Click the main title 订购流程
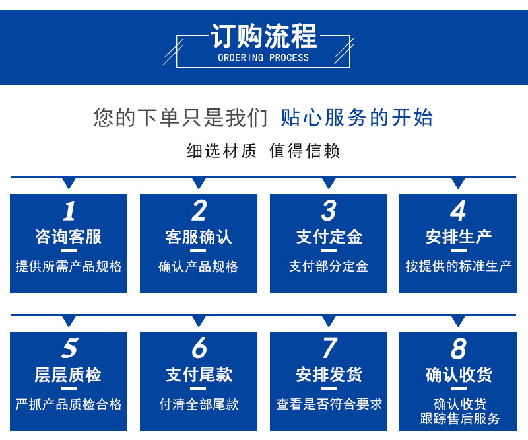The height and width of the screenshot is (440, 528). (x=263, y=36)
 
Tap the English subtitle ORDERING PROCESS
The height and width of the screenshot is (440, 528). (x=263, y=58)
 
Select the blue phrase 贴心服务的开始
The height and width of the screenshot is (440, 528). (x=356, y=118)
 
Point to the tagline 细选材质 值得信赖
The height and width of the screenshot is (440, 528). (x=263, y=151)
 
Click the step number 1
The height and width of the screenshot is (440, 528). (x=69, y=211)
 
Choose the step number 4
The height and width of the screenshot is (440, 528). (x=458, y=211)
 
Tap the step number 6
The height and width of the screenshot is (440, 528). (x=199, y=348)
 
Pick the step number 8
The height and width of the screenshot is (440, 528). (x=459, y=348)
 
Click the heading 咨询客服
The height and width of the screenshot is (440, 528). (x=69, y=237)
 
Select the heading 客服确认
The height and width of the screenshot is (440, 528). (x=199, y=237)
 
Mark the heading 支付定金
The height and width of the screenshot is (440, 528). (x=329, y=237)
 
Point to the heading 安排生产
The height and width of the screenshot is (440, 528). (x=458, y=237)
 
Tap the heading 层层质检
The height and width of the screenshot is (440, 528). (x=69, y=375)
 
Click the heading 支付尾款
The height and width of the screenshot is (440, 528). (x=199, y=375)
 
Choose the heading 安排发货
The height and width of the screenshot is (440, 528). (x=329, y=375)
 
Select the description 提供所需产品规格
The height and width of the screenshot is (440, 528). (x=69, y=266)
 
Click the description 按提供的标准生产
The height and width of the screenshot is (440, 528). (x=458, y=266)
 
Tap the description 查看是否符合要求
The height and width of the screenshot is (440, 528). (x=329, y=404)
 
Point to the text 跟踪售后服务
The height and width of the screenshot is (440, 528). (x=459, y=419)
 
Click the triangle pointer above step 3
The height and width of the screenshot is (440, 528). (x=329, y=182)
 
